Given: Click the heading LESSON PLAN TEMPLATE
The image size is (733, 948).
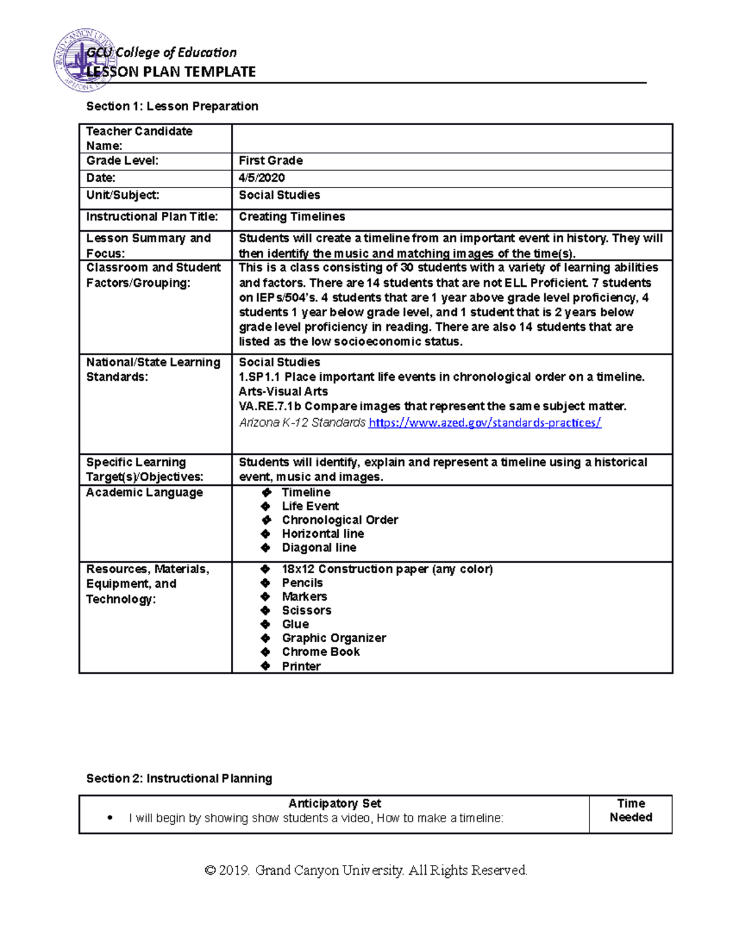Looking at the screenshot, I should (x=171, y=72).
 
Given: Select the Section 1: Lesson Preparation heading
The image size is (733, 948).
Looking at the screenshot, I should (x=172, y=106).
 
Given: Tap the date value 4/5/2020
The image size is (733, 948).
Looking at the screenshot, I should (x=261, y=178).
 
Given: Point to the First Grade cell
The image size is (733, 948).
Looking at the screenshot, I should (x=271, y=161).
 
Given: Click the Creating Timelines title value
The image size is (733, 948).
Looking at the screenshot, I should (x=291, y=217).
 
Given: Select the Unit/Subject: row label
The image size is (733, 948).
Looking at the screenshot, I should (x=123, y=195).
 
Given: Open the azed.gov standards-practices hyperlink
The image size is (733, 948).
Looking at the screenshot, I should (x=485, y=422).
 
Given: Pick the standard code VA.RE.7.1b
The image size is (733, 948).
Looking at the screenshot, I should (x=269, y=406).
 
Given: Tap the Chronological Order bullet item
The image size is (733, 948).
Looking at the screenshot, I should (x=340, y=520).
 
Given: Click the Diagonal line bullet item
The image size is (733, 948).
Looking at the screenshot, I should (x=319, y=548).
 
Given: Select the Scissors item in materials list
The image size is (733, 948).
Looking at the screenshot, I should (x=307, y=610).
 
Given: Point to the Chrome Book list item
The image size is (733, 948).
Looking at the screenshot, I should (x=321, y=652).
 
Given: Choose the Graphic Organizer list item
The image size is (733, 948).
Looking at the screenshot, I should (x=334, y=638).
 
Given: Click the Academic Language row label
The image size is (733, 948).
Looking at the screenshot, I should (x=144, y=493).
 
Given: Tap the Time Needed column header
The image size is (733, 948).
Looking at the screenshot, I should (x=630, y=811).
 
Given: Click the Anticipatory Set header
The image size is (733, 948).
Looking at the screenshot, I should (x=334, y=803).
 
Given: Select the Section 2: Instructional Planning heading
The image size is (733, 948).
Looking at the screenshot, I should (x=179, y=778).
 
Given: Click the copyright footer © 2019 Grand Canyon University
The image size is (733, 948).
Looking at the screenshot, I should (x=366, y=870).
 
